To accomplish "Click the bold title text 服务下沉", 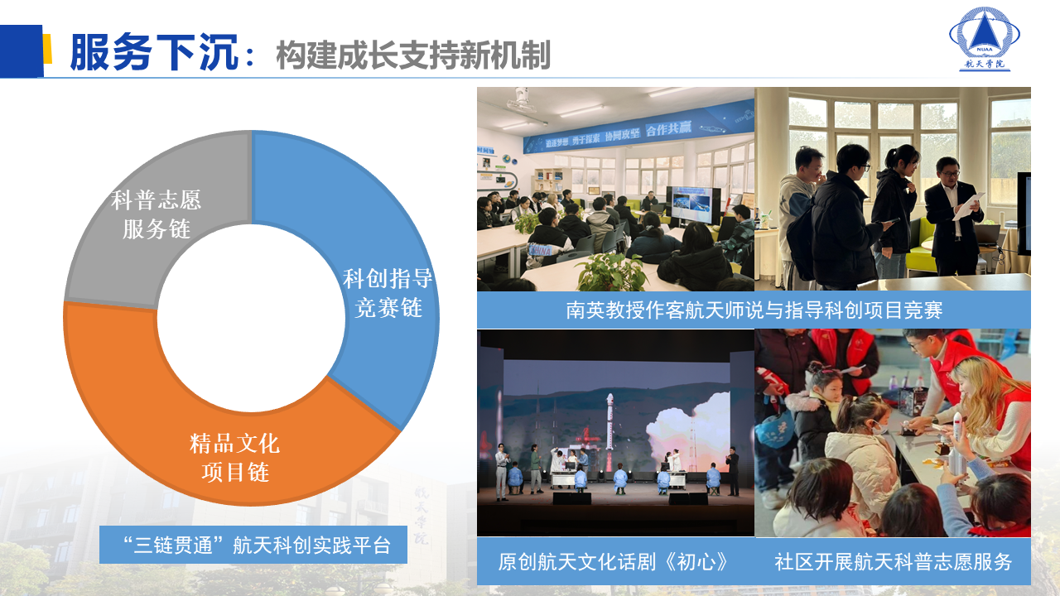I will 153,53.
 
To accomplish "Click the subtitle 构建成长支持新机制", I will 412,55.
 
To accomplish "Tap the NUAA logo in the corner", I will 984,38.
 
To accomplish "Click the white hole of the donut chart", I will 251,318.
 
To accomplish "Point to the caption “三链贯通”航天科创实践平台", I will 253,546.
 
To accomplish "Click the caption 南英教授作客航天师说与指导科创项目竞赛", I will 754,310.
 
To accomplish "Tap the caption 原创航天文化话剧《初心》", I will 614,561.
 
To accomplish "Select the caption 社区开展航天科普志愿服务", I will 893,561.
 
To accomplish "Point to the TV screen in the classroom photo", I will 693,204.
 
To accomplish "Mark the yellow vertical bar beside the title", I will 47,49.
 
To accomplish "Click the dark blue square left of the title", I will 21,50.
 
